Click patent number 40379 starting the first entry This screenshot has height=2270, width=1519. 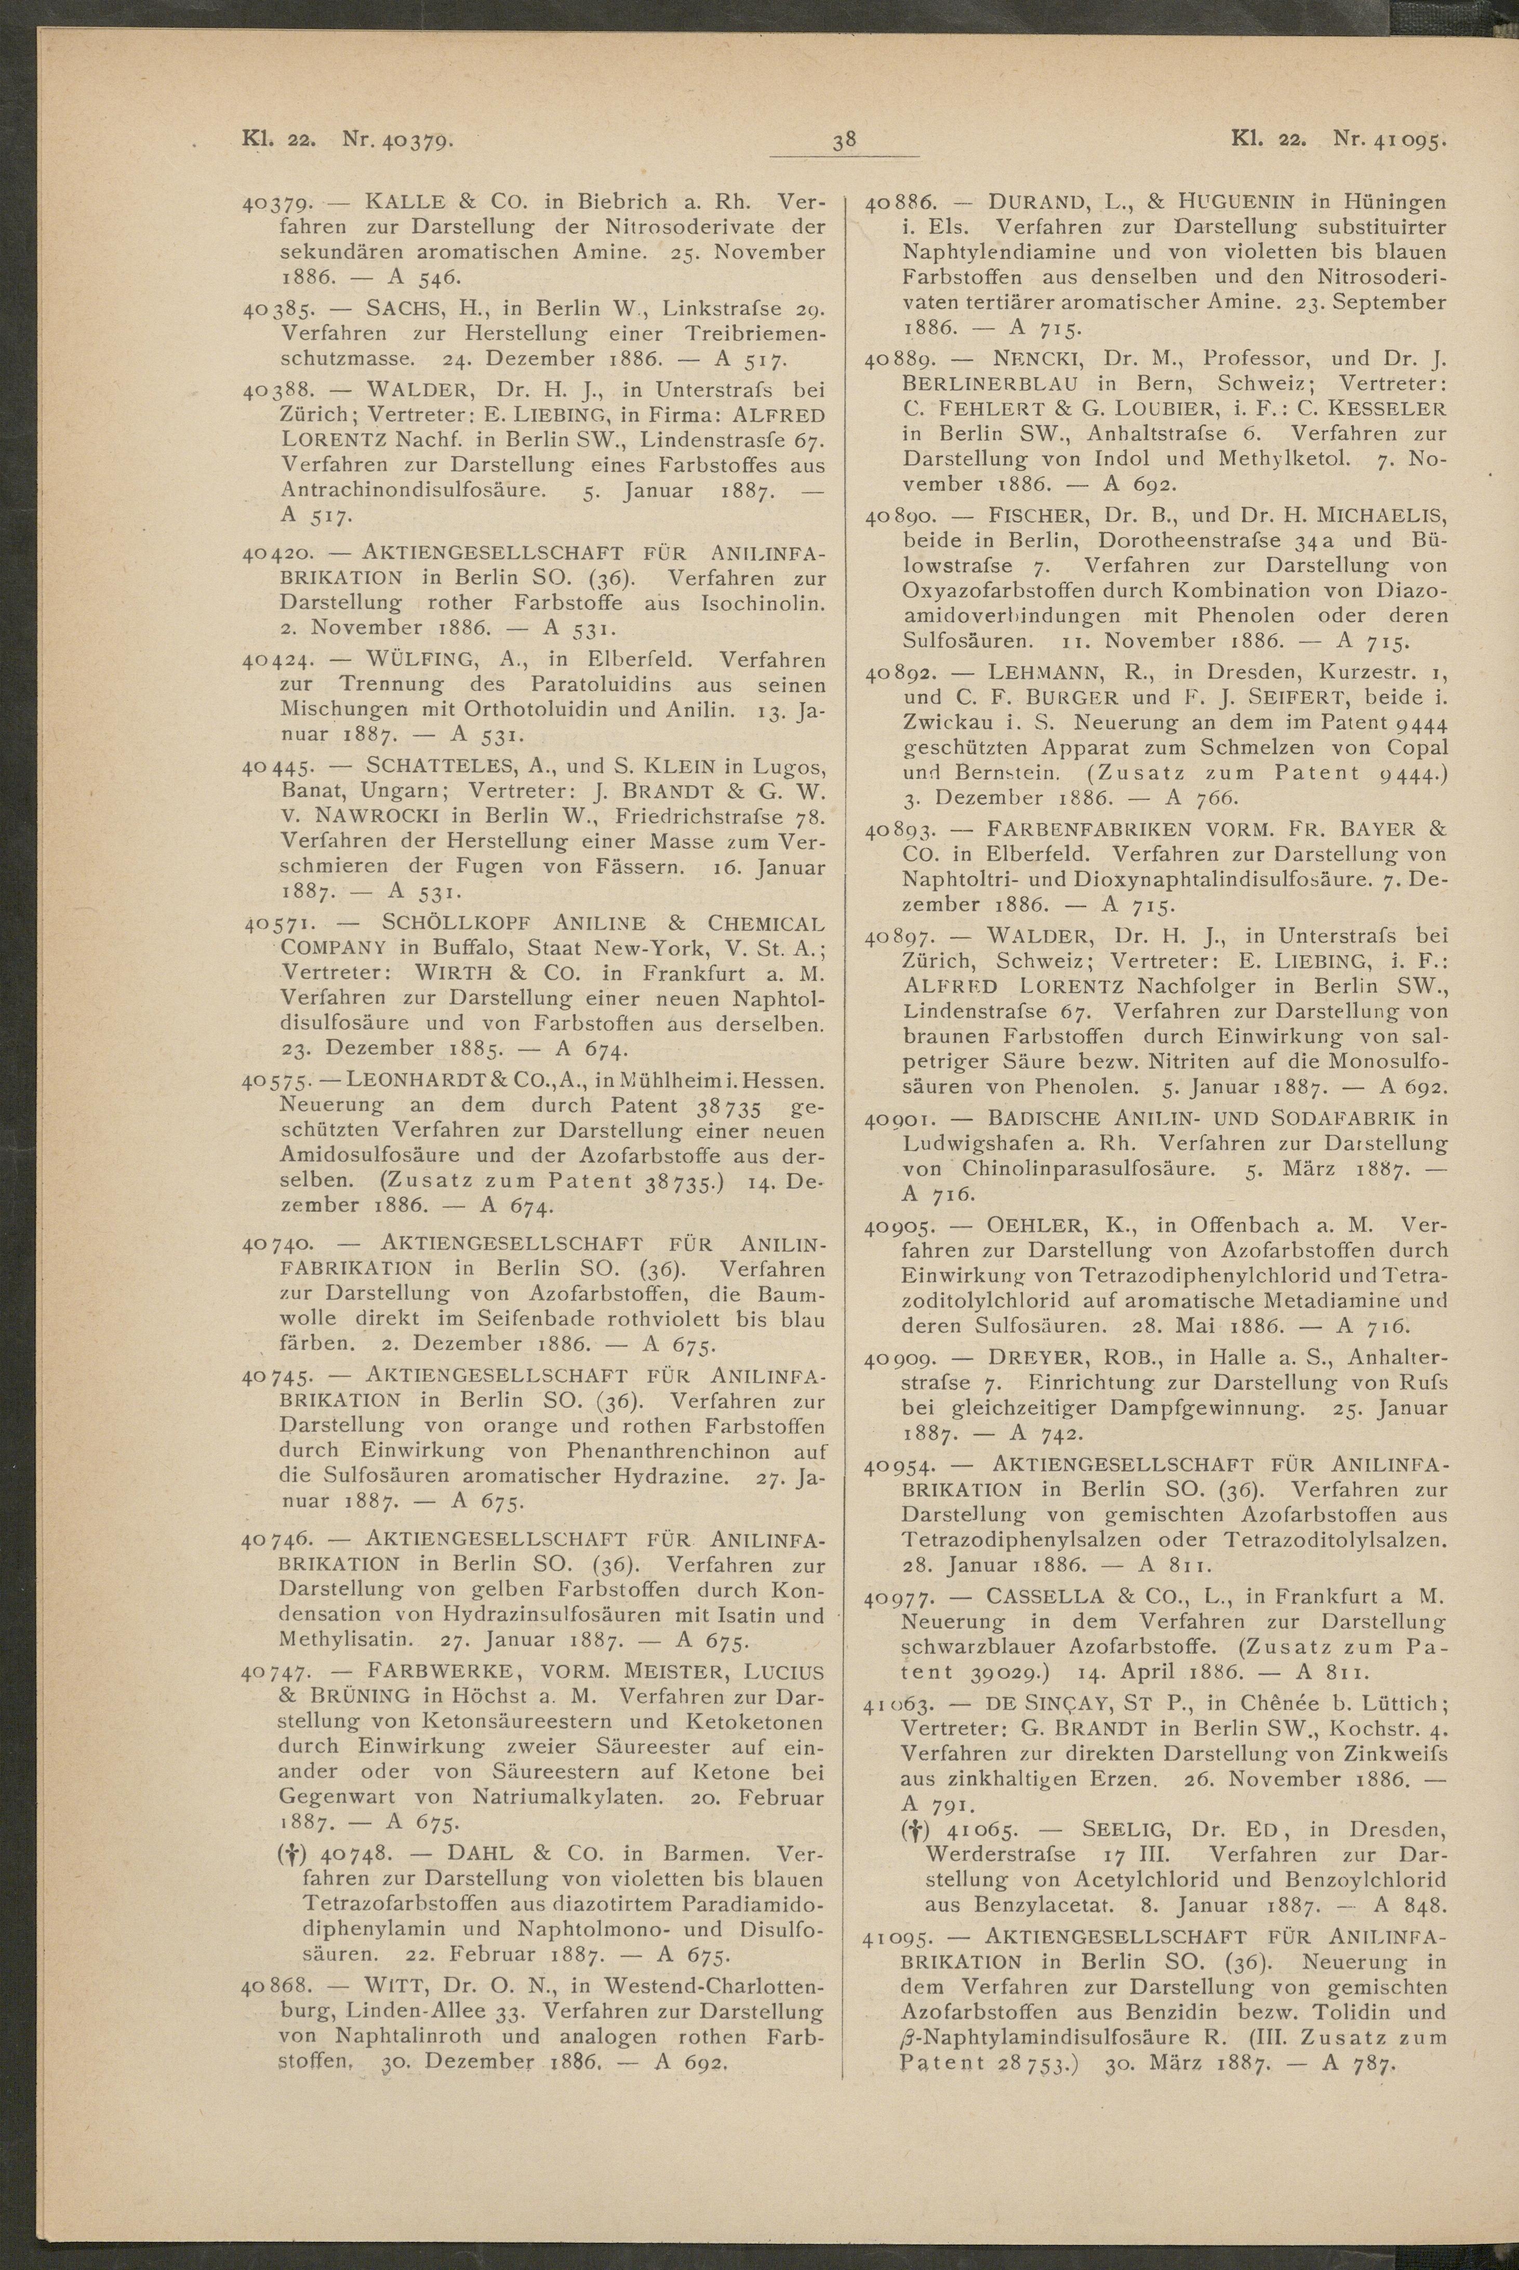[276, 204]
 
